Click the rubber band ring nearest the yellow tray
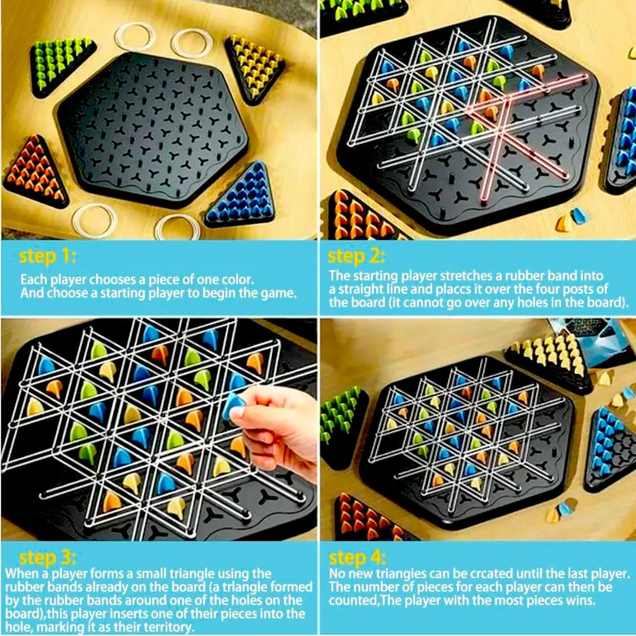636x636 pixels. click(x=192, y=42)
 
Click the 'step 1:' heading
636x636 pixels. click(x=48, y=256)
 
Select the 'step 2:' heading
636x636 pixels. click(x=357, y=256)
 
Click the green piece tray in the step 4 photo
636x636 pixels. click(x=341, y=422)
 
